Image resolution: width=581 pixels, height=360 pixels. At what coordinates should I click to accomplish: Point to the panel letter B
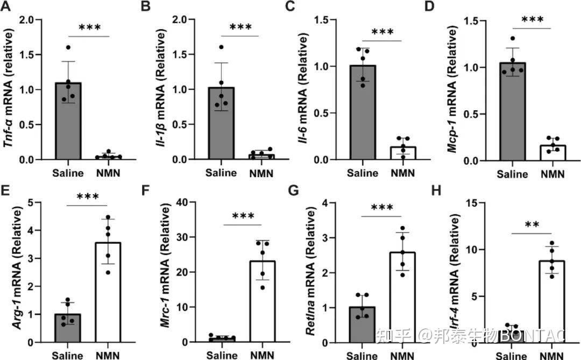[145, 8]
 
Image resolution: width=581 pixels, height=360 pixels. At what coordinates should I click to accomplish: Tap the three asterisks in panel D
[533, 21]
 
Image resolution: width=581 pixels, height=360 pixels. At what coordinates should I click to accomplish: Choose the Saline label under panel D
[512, 174]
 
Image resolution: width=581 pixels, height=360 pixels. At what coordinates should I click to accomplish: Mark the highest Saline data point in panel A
[68, 47]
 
